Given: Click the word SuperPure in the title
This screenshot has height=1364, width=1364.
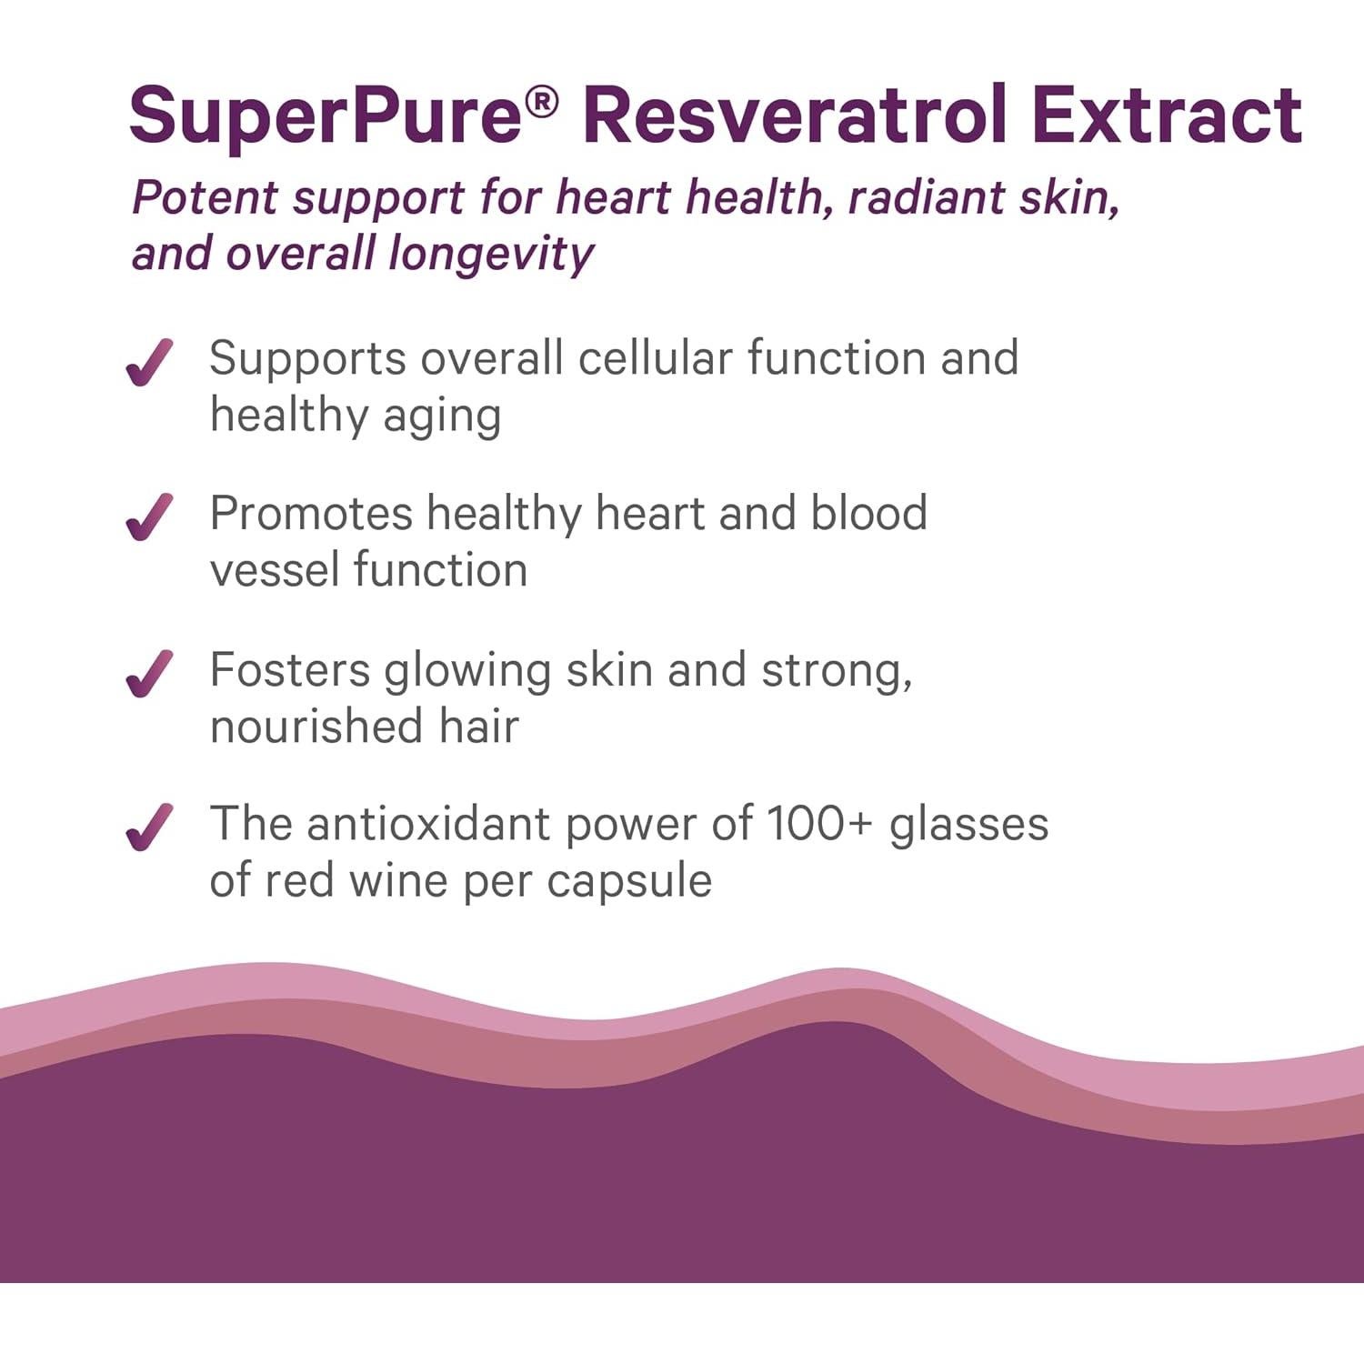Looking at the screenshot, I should pyautogui.click(x=326, y=116).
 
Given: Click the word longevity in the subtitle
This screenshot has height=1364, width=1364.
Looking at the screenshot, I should pyautogui.click(x=491, y=254).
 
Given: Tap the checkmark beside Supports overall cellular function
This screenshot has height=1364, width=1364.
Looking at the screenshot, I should pyautogui.click(x=149, y=362).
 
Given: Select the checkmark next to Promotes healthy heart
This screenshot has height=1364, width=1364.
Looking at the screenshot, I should pyautogui.click(x=149, y=517).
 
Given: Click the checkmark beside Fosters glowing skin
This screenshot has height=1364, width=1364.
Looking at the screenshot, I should pyautogui.click(x=149, y=673).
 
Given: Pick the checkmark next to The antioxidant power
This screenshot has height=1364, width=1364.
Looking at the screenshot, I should pyautogui.click(x=149, y=827).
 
